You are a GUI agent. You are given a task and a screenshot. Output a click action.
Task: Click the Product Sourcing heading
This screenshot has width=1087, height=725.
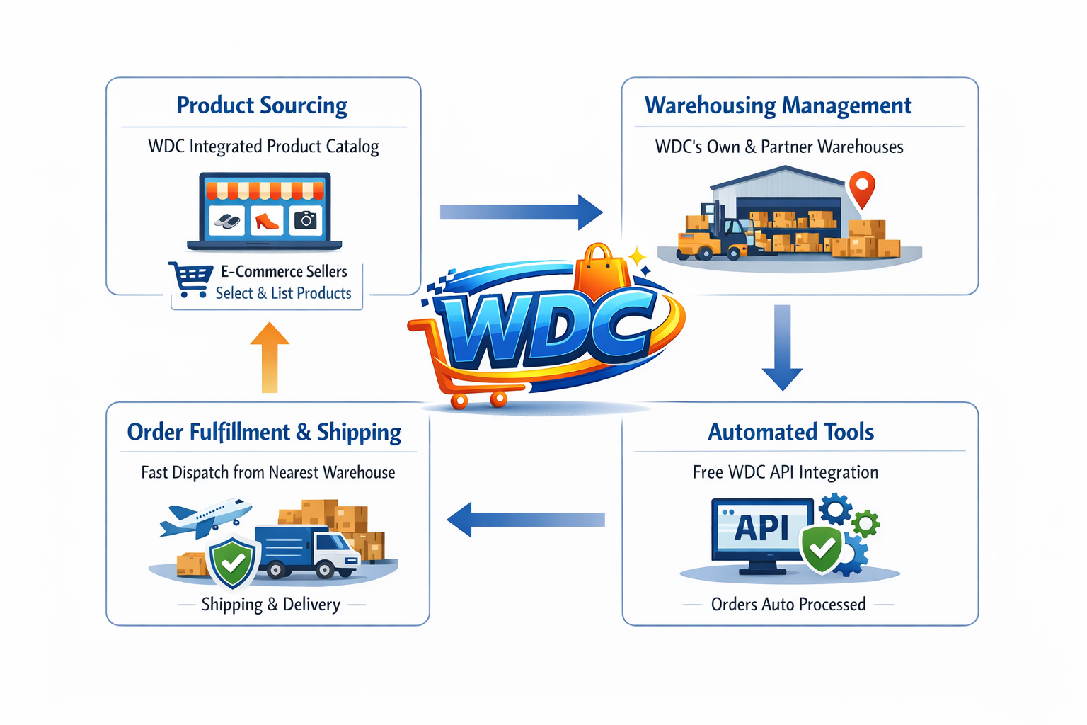[x=262, y=105]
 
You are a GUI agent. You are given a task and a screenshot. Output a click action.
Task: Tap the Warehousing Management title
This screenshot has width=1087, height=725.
[x=778, y=105]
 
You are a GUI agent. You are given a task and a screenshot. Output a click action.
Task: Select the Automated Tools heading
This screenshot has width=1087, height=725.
[x=790, y=432]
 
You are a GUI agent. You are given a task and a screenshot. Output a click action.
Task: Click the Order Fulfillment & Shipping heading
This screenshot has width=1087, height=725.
[x=264, y=432]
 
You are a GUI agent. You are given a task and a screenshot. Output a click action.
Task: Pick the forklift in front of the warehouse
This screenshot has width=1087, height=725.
[x=715, y=234]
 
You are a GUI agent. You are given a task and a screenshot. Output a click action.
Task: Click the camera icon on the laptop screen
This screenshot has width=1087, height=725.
[x=306, y=221]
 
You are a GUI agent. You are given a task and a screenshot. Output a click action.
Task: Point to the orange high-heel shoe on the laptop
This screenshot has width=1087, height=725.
[x=266, y=221]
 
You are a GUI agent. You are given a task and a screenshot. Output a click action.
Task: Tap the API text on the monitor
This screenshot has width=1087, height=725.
[x=761, y=527]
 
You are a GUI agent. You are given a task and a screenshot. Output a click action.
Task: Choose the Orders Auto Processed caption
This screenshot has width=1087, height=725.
[x=788, y=605]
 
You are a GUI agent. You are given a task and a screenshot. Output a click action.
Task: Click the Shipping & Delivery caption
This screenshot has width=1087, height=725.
[x=270, y=605]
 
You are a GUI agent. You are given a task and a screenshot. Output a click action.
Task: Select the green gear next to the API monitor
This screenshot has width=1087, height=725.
[x=865, y=523]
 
